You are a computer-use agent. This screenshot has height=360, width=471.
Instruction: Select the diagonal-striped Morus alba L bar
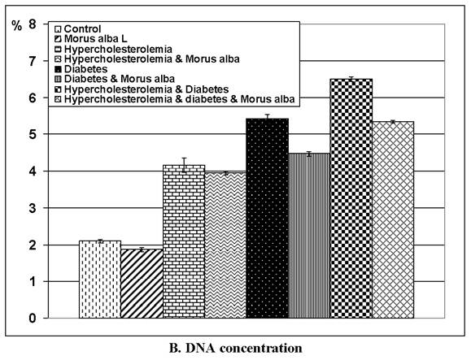(x=142, y=284)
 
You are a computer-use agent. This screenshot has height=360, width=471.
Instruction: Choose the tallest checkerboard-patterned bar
(x=351, y=198)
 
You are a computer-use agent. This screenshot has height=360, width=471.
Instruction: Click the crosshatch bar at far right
(x=393, y=219)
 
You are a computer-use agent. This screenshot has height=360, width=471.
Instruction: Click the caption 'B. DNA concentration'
(x=235, y=349)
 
